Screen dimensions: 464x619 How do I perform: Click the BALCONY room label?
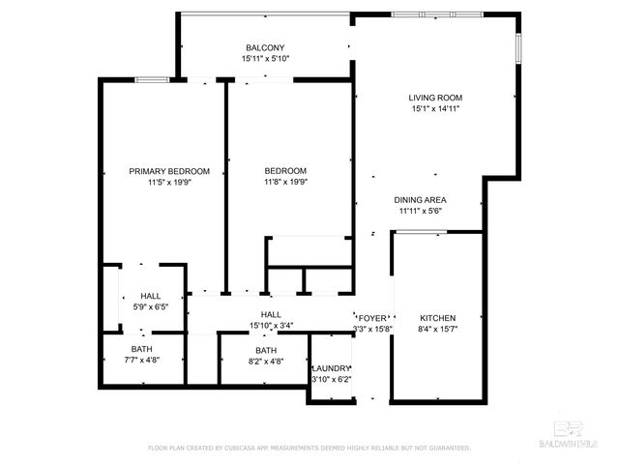(x=265, y=47)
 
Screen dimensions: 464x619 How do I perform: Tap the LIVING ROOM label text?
(x=435, y=98)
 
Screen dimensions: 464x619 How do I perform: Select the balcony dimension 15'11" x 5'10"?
(x=265, y=59)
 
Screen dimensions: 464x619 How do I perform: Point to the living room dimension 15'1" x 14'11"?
(x=435, y=109)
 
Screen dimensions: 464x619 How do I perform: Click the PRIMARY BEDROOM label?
(x=169, y=171)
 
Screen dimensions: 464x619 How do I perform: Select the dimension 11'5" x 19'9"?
(x=169, y=182)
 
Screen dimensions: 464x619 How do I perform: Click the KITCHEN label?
(x=437, y=318)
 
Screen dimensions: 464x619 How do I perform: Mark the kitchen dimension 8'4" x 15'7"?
(x=437, y=329)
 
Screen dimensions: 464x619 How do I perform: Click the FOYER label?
(x=373, y=318)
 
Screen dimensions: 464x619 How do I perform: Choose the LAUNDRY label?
(x=331, y=369)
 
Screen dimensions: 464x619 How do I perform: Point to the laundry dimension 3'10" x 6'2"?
(x=331, y=380)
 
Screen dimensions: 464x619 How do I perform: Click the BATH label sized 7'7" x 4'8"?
(x=142, y=349)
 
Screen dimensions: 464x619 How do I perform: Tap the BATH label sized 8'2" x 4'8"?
(x=266, y=351)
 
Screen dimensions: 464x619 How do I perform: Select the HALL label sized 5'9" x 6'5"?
(x=151, y=297)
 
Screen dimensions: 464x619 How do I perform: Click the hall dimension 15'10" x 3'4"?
(x=271, y=326)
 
